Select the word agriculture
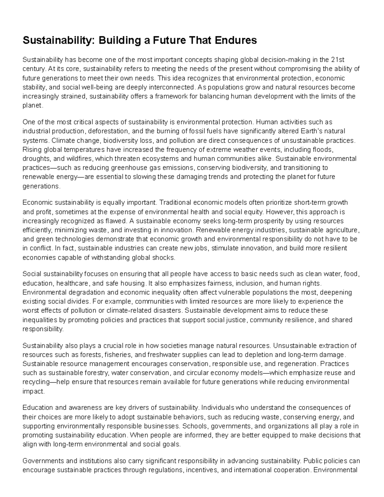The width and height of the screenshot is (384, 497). [x=342, y=230]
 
